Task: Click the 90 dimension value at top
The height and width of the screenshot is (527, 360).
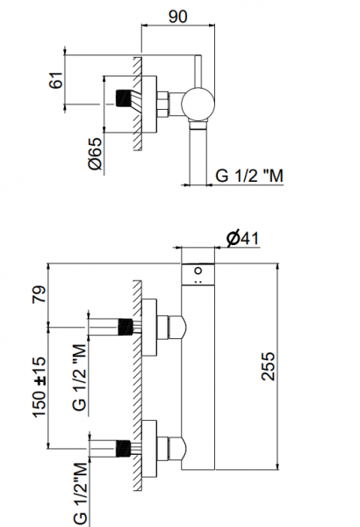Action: [x=178, y=16]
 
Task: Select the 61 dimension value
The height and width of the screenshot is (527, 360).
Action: [x=56, y=80]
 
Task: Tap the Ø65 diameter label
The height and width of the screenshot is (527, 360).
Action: [x=95, y=153]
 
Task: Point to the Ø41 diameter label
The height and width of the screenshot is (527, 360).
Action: [x=242, y=238]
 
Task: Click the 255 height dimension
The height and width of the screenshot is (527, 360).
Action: [x=268, y=366]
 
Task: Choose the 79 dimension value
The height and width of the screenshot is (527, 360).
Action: [x=39, y=294]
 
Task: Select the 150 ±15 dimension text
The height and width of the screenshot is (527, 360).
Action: [x=39, y=387]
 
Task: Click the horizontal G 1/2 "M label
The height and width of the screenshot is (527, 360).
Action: [x=249, y=176]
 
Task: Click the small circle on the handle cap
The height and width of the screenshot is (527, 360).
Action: [x=198, y=271]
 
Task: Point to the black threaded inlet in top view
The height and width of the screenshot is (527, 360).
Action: [x=123, y=98]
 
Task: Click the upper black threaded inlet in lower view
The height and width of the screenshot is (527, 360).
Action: [x=125, y=327]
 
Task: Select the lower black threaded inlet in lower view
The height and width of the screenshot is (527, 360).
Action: [x=123, y=448]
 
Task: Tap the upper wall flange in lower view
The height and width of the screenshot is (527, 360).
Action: [x=149, y=328]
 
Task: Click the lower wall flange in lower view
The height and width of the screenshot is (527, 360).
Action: [x=149, y=449]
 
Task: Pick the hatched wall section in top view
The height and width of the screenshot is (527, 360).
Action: [x=138, y=104]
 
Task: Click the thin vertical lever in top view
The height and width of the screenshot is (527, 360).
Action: [x=198, y=71]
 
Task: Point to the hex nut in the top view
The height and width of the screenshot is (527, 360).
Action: [x=162, y=105]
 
